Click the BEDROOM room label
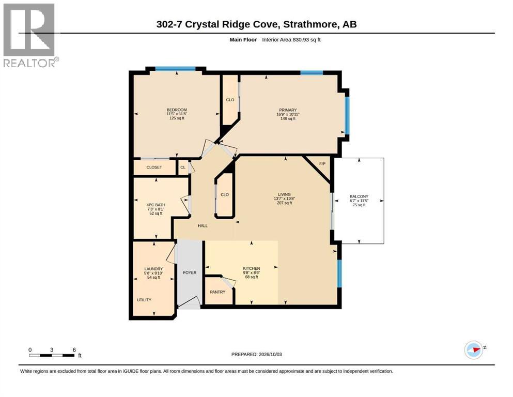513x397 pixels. pos(177,110)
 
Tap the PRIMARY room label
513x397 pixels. pos(288,110)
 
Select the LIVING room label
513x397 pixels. pos(284,194)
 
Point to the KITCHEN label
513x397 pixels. pos(251,268)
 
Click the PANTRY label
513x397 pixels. pos(217,292)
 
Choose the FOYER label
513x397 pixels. pos(190,272)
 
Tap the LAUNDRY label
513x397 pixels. pos(153,269)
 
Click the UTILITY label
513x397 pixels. pos(144,300)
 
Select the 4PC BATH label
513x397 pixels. pos(156,205)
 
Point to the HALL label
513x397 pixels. pos(203,226)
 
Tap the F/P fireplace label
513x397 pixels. pos(322,164)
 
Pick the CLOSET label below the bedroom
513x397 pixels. pos(154,167)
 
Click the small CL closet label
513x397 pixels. pos(183,167)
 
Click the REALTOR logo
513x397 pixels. pos(30,35)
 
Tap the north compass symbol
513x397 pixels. pos(474,350)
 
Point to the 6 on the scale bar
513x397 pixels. pos(74,350)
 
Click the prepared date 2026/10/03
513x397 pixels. pos(270,355)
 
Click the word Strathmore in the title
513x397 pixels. pos(310,24)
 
